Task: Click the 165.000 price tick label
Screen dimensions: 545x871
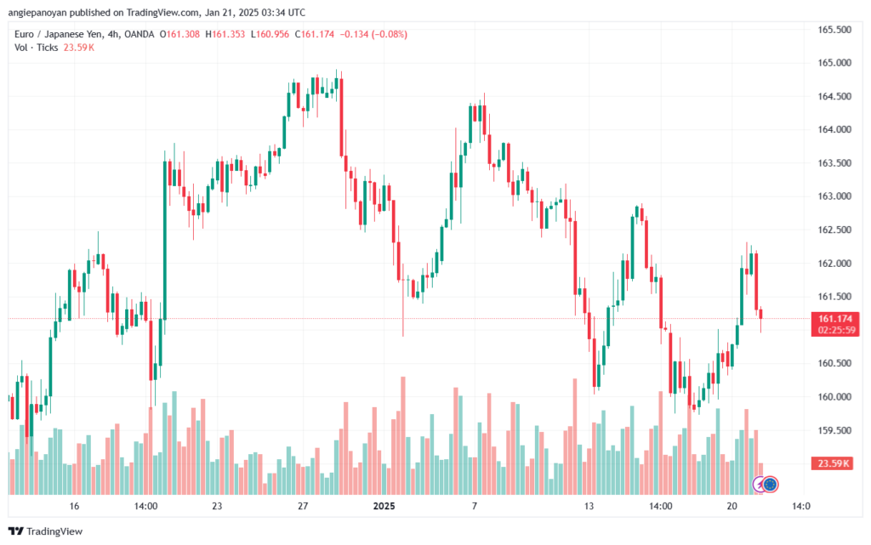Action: [834, 63]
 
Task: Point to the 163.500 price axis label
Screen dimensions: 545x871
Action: [834, 162]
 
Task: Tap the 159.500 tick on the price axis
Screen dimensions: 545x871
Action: [834, 430]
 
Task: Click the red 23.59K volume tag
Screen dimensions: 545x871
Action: [834, 463]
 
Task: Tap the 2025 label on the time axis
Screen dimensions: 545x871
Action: [384, 506]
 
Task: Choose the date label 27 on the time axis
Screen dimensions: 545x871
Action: [303, 506]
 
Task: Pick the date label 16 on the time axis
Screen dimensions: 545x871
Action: [75, 506]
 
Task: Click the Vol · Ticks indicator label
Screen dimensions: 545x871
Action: [37, 48]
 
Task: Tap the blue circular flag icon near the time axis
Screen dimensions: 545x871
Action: [771, 484]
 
